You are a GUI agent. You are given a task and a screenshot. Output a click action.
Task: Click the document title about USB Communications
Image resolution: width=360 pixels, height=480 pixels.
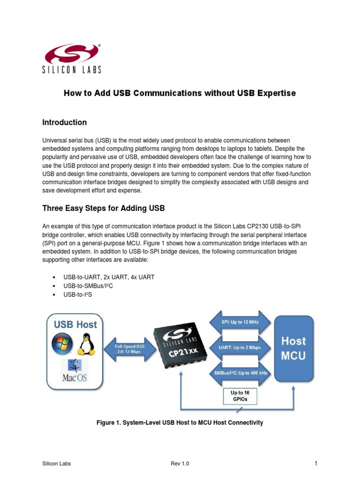click(x=180, y=93)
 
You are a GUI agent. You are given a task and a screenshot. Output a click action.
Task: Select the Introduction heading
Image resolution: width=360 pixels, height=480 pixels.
click(x=64, y=122)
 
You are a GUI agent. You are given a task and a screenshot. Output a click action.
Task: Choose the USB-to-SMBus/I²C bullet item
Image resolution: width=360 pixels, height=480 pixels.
click(x=89, y=285)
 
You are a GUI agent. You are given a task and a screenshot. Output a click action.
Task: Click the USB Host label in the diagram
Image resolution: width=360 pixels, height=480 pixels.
click(x=75, y=324)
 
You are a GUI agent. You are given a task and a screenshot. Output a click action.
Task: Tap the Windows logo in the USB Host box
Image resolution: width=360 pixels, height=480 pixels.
click(x=62, y=344)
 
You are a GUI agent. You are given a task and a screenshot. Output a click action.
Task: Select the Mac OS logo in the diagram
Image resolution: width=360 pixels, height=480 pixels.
click(x=74, y=370)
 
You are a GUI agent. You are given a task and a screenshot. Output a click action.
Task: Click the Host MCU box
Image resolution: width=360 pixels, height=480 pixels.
click(x=293, y=348)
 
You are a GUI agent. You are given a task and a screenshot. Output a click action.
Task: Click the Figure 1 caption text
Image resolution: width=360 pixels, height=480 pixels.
click(x=180, y=423)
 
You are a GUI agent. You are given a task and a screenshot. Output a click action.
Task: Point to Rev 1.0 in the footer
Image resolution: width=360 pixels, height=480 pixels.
click(x=180, y=464)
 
